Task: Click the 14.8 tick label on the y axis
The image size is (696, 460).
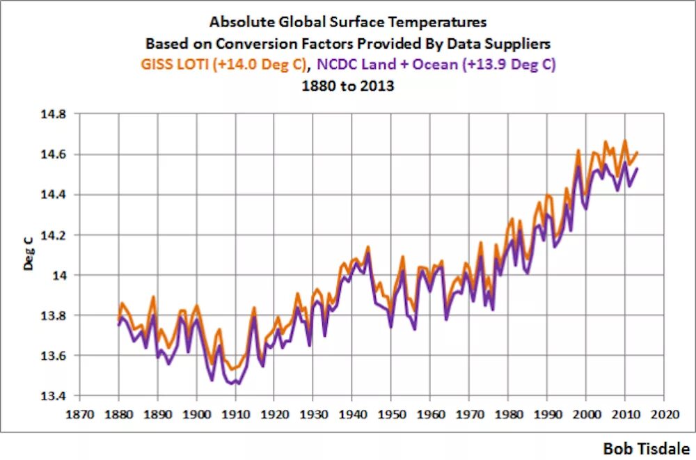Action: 55,113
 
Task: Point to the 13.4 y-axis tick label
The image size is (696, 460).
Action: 55,396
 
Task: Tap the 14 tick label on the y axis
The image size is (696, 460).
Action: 61,275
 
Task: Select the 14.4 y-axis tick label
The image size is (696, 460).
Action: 55,194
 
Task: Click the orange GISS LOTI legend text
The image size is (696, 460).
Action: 222,65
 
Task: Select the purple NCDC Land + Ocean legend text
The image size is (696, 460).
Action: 437,65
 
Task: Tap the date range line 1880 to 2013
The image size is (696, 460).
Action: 348,87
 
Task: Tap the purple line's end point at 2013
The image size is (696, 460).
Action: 637,168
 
